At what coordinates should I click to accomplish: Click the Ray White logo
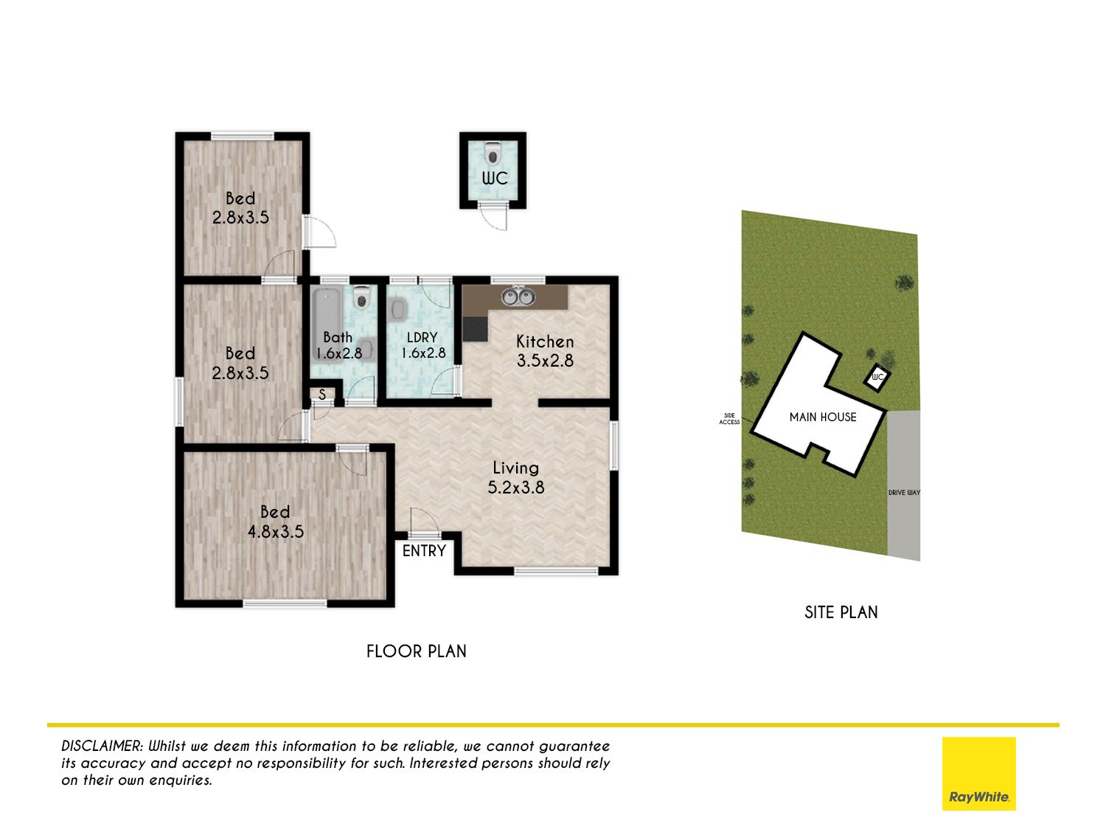(x=978, y=773)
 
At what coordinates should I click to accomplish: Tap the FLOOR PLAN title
(x=417, y=651)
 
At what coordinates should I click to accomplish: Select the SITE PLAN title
(x=841, y=612)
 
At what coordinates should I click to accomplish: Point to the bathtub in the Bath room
(x=327, y=324)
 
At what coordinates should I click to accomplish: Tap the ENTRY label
(x=424, y=550)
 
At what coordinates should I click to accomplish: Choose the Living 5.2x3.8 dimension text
(x=516, y=477)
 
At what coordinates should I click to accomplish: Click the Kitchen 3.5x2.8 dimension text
(x=545, y=351)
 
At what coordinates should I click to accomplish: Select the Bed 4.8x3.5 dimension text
(x=275, y=521)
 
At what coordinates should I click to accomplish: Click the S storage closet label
(x=322, y=395)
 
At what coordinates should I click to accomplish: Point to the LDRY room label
(x=422, y=337)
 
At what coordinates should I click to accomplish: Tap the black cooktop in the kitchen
(x=475, y=329)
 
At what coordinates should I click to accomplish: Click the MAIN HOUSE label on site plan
(x=823, y=417)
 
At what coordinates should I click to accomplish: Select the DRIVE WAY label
(x=903, y=493)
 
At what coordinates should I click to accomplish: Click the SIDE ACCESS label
(x=729, y=419)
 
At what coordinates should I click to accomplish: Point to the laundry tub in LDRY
(x=398, y=309)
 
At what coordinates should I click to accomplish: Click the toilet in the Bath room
(x=361, y=298)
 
